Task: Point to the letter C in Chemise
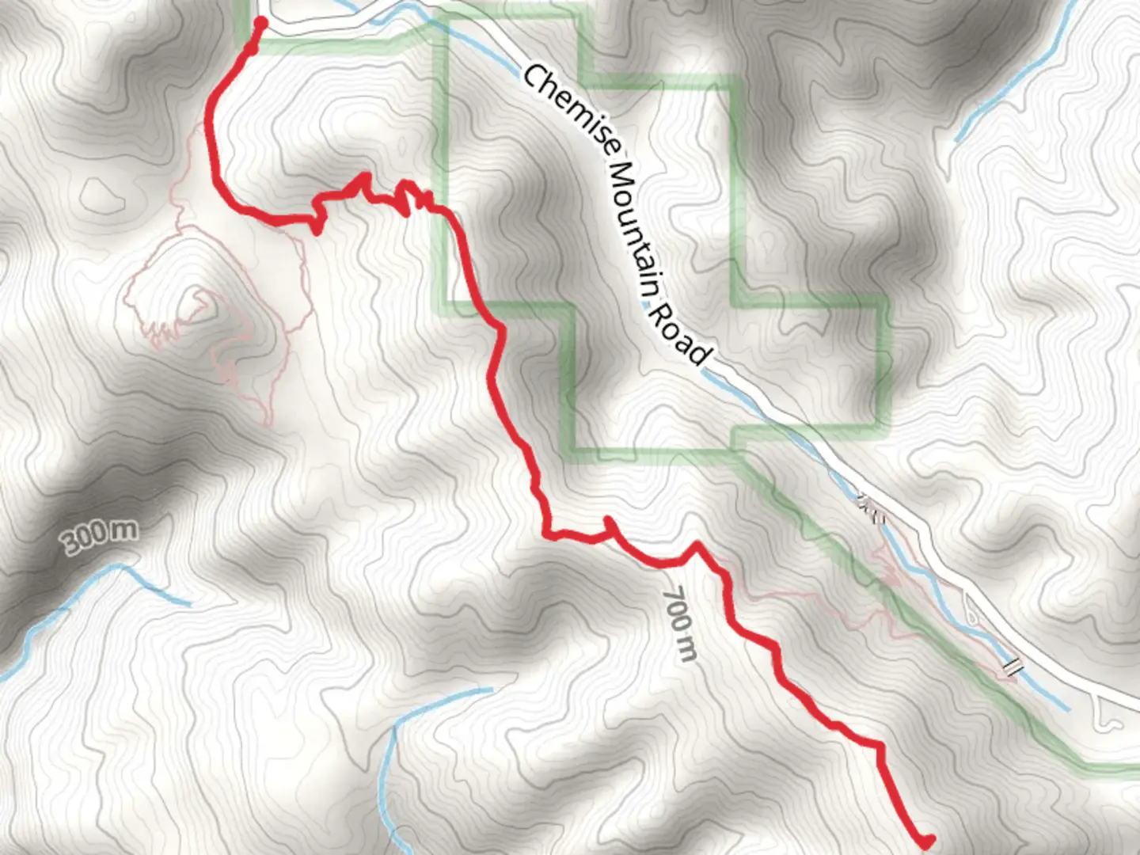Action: (534, 79)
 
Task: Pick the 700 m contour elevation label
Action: (680, 625)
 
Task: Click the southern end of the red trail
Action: (926, 842)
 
